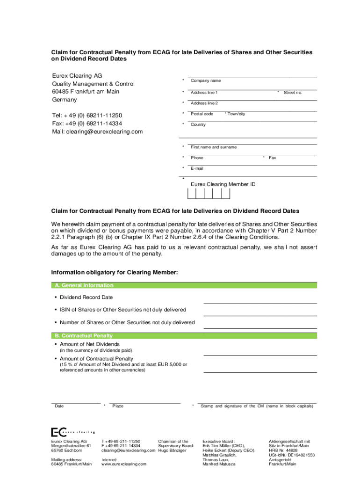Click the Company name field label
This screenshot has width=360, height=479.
[206, 81]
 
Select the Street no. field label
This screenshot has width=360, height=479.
[293, 93]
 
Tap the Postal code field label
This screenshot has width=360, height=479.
[202, 114]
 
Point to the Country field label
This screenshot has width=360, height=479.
[198, 125]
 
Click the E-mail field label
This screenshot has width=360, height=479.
[197, 168]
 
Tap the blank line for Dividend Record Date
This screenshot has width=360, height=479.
[260, 303]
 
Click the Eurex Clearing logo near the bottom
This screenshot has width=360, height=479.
[73, 432]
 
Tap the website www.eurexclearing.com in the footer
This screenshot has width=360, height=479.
[124, 464]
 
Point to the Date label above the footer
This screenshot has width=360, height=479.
[59, 406]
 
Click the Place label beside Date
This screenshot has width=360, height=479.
[118, 406]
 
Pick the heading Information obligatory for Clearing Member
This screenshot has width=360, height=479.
[114, 272]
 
